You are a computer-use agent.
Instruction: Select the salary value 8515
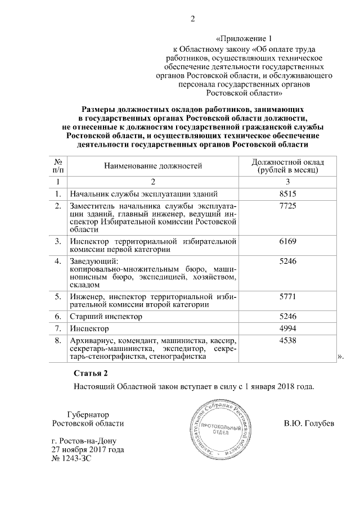click(x=287, y=193)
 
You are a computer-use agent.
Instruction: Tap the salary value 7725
click(x=287, y=208)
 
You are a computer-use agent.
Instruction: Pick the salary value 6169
click(x=287, y=241)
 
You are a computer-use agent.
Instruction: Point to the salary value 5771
click(x=287, y=296)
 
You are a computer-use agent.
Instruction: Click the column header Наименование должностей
click(x=152, y=165)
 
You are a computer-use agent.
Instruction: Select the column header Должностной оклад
click(x=287, y=161)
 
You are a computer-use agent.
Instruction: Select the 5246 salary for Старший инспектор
click(x=287, y=316)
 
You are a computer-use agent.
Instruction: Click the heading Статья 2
click(x=90, y=373)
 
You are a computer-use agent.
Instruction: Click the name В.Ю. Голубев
click(x=309, y=423)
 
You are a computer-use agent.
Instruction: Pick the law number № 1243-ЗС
click(x=70, y=459)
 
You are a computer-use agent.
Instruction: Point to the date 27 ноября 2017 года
click(x=87, y=450)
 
